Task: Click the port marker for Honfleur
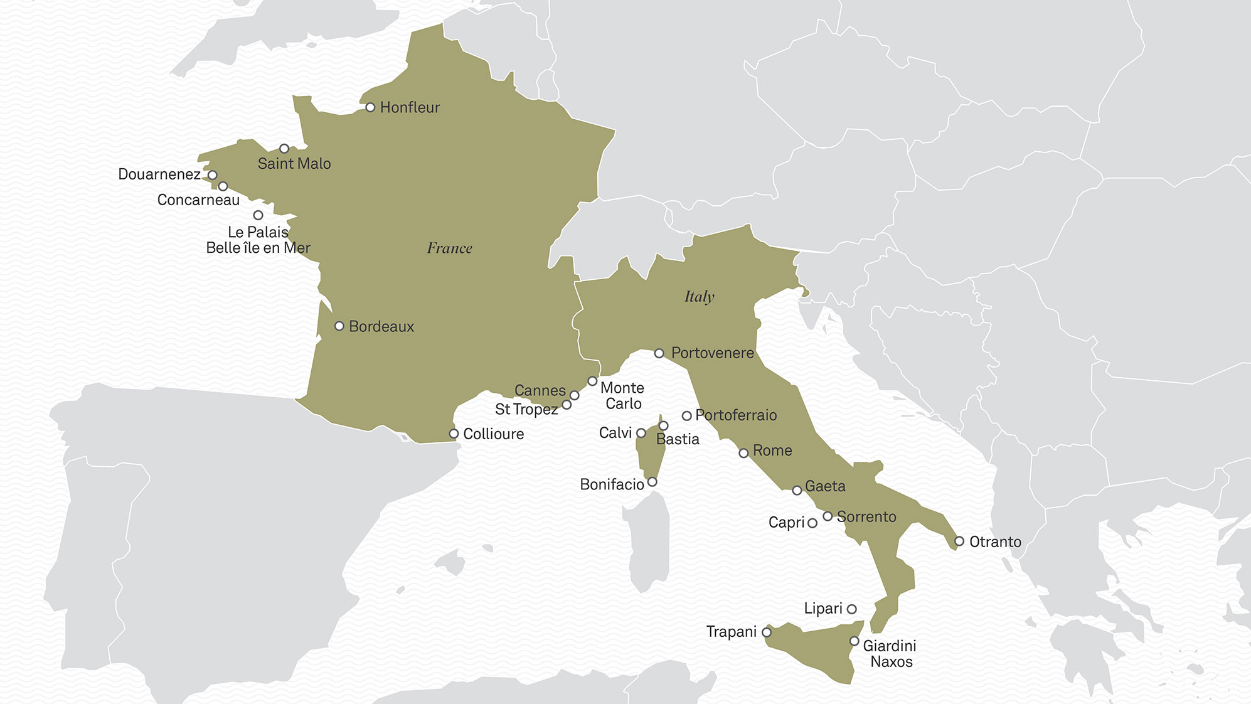pyautogui.click(x=370, y=107)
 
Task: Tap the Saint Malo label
pyautogui.click(x=294, y=164)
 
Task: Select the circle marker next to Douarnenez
pyautogui.click(x=213, y=175)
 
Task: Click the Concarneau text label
pyautogui.click(x=198, y=200)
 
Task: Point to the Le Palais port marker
pyautogui.click(x=258, y=215)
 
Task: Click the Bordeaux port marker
pyautogui.click(x=339, y=326)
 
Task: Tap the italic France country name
pyautogui.click(x=449, y=248)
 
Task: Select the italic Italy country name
pyautogui.click(x=699, y=297)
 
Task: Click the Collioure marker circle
pyautogui.click(x=454, y=434)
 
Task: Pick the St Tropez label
pyautogui.click(x=526, y=410)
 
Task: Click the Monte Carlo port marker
pyautogui.click(x=592, y=381)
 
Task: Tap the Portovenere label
pyautogui.click(x=712, y=353)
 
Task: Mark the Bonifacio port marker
pyautogui.click(x=652, y=482)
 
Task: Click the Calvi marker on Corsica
pyautogui.click(x=641, y=433)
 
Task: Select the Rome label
pyautogui.click(x=772, y=451)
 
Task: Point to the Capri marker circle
pyautogui.click(x=812, y=523)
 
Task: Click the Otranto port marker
pyautogui.click(x=959, y=541)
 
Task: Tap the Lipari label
pyautogui.click(x=822, y=609)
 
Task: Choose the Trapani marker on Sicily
pyautogui.click(x=767, y=632)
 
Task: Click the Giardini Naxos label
pyautogui.click(x=890, y=654)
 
